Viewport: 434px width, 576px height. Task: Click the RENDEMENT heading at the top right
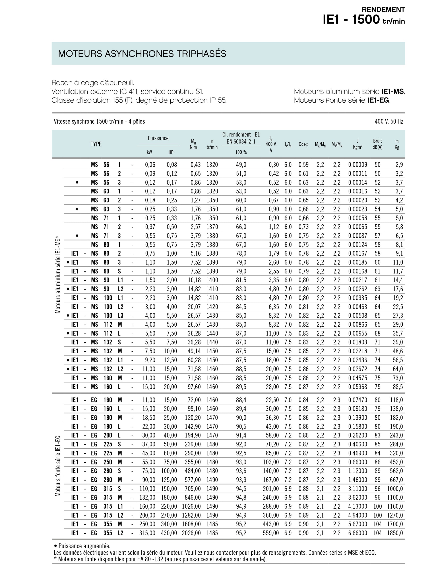(x=383, y=10)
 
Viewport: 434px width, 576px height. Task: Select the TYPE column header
(x=96, y=144)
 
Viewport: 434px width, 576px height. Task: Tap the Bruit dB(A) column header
(x=377, y=144)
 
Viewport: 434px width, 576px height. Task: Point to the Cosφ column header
(x=303, y=144)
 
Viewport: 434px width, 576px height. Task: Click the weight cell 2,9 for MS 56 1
(x=399, y=165)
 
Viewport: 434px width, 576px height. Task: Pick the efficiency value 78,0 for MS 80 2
(x=241, y=253)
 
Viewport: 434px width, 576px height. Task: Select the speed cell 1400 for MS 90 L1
(x=212, y=280)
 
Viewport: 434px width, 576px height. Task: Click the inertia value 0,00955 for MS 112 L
(x=358, y=333)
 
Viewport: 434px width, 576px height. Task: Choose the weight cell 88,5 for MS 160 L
(x=398, y=387)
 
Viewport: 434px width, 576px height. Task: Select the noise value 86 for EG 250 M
(x=377, y=462)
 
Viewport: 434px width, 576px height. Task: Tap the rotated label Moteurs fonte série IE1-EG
(x=58, y=466)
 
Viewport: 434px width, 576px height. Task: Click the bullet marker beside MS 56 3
(x=77, y=182)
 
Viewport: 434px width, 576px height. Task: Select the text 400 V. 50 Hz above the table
(x=389, y=122)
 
